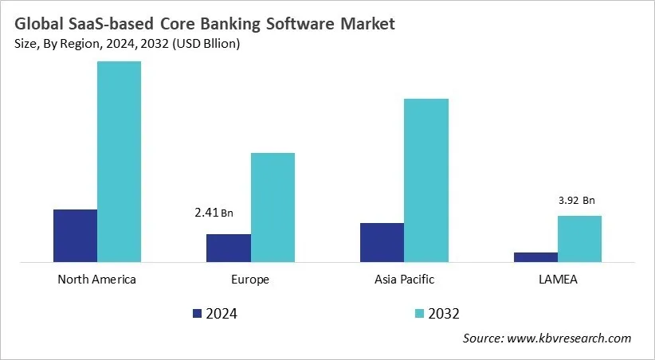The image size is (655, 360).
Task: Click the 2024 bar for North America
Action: [x=75, y=235]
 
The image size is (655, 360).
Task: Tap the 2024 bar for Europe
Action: [x=228, y=248]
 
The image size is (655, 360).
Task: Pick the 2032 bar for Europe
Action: [x=273, y=207]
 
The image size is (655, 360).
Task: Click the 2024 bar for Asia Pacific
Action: [x=382, y=242]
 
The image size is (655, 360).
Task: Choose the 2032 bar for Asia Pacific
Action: [x=426, y=180]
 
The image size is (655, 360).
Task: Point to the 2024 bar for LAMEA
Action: [x=535, y=256]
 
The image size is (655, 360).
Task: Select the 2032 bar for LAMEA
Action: [x=579, y=238]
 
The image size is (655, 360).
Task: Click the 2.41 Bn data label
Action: [x=214, y=213]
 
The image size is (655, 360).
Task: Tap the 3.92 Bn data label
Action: [x=577, y=200]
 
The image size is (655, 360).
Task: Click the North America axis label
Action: [x=97, y=280]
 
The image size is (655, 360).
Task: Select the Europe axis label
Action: [x=250, y=280]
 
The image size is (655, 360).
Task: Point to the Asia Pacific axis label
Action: [x=404, y=280]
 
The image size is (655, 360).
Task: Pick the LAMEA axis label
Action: [x=558, y=280]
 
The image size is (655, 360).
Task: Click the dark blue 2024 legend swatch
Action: [x=198, y=313]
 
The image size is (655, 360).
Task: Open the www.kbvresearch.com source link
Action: [x=569, y=338]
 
